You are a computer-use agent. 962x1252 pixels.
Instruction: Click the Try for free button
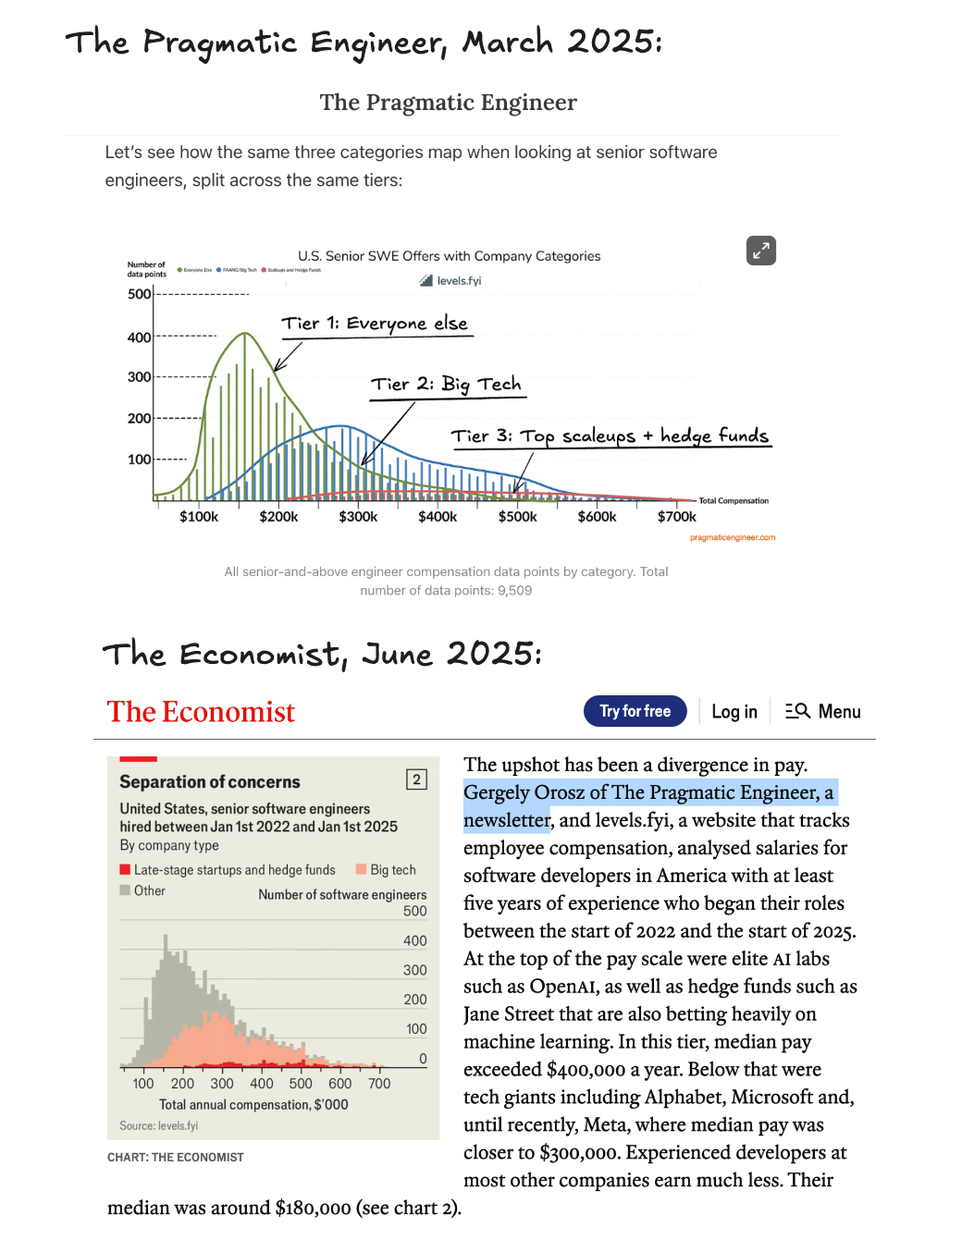635,711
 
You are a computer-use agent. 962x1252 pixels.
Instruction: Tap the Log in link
734,711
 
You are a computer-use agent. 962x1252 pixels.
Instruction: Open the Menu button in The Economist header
823,711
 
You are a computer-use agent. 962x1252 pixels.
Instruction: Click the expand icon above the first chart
760,251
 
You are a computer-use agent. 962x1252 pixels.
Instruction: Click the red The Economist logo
201,712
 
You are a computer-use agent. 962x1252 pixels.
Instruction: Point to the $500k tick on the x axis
517,516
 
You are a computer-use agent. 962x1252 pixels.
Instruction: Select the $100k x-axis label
199,516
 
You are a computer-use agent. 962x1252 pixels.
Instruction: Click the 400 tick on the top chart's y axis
140,338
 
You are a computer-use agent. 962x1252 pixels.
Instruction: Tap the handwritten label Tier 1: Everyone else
375,324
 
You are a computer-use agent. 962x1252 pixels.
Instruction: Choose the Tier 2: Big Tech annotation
446,385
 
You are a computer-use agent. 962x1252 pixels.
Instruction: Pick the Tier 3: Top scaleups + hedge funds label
610,436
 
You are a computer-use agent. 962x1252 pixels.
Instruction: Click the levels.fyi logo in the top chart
450,281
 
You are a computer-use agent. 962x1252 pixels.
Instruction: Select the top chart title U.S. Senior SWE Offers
449,256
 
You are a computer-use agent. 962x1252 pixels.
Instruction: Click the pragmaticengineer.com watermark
732,537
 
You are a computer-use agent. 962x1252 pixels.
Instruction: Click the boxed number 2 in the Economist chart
416,779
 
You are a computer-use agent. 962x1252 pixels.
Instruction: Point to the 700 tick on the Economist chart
379,1083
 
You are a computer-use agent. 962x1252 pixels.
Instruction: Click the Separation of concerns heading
210,782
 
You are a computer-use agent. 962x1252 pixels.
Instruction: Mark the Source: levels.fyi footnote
158,1125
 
